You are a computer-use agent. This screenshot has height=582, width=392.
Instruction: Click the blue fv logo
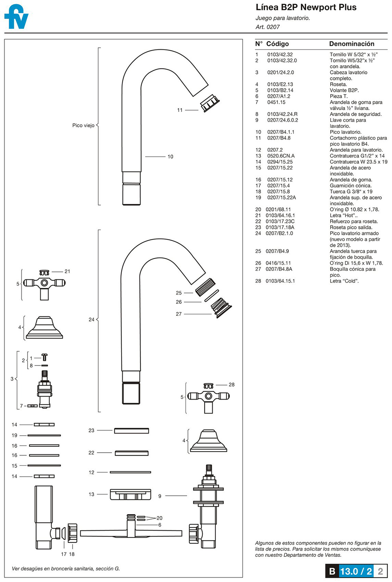16,17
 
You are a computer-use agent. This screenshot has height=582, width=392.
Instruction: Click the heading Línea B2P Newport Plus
306,7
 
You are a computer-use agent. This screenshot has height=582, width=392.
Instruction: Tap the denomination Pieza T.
338,96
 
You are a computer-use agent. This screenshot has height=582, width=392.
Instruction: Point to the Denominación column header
351,44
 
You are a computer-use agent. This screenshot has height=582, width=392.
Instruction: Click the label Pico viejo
83,125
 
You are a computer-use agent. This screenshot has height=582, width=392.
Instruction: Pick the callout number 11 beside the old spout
180,110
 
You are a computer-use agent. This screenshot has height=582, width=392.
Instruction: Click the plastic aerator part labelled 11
210,103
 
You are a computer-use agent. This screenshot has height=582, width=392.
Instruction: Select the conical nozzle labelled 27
221,307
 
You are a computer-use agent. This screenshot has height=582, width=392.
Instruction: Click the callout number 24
91,319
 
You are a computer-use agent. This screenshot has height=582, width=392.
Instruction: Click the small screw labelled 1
44,357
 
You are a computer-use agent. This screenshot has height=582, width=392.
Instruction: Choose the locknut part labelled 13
130,494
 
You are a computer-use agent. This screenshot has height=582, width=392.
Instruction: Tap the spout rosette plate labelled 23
132,430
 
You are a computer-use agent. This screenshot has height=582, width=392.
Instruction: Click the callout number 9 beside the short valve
160,496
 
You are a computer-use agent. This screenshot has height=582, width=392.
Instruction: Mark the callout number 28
231,385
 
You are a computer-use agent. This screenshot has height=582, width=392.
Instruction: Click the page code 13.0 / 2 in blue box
356,571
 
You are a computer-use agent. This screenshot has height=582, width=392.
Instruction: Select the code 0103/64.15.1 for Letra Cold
280,281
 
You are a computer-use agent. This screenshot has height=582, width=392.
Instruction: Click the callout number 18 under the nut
72,554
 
